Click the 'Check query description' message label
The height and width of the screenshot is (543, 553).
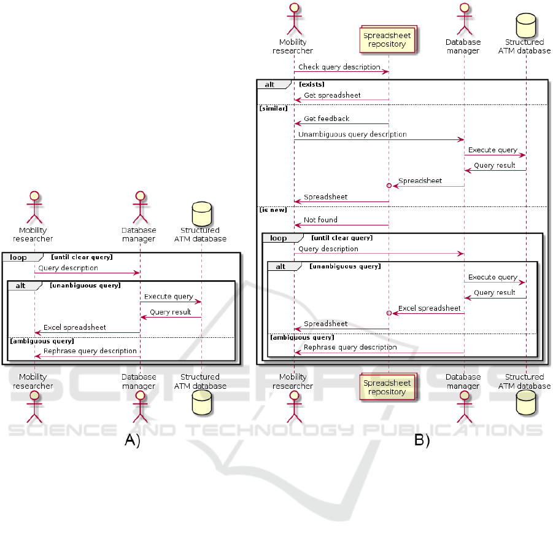tap(339, 66)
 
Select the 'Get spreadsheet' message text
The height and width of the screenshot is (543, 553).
tap(332, 96)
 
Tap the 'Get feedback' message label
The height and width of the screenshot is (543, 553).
tap(327, 119)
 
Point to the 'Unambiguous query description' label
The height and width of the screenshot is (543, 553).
tap(352, 134)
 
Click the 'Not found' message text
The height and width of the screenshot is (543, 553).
tap(320, 219)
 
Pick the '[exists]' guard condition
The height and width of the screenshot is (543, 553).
tap(312, 84)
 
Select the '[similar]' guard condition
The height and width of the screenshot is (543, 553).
tap(273, 108)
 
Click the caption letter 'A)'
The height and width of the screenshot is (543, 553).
tap(133, 440)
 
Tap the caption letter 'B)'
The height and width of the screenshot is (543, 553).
tap(422, 440)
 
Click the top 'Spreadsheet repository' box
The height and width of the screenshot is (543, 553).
tap(387, 40)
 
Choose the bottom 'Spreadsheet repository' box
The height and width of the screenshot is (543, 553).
tap(387, 388)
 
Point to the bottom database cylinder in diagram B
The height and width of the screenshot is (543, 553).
tap(525, 402)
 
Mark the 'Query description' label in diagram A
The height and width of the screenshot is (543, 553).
tap(68, 268)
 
